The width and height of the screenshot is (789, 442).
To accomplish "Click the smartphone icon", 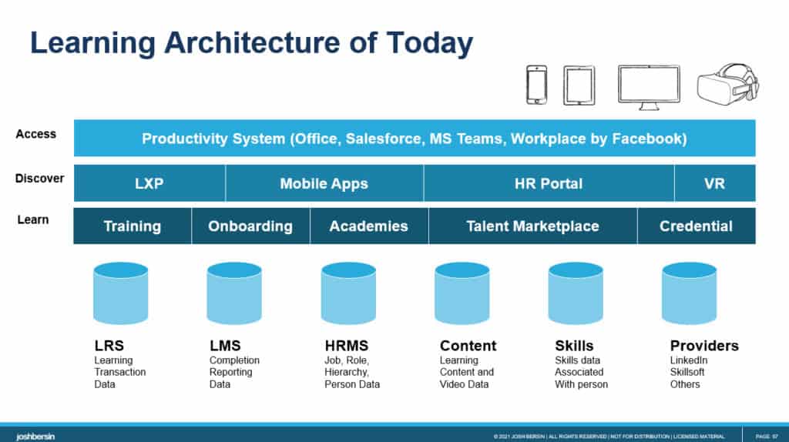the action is (x=536, y=85).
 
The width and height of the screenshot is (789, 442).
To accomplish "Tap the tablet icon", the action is (x=579, y=85).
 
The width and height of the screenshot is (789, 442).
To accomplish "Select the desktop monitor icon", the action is (x=649, y=88).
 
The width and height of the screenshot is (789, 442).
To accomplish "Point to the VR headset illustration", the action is (x=727, y=85).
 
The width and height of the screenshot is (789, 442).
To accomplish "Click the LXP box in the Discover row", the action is (x=149, y=183).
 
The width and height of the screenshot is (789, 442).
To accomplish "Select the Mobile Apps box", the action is (x=324, y=183).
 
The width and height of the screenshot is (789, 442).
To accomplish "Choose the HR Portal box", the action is (x=549, y=183).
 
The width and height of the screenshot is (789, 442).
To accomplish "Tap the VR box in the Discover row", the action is (x=714, y=183).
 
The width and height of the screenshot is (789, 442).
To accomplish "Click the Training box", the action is (x=133, y=226).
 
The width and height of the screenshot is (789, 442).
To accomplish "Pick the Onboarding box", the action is (x=250, y=226).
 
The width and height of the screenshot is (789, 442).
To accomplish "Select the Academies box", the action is (x=369, y=226).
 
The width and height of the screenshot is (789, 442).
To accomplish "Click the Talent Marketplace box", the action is (x=533, y=226).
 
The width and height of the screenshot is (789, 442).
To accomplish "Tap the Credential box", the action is (x=697, y=226).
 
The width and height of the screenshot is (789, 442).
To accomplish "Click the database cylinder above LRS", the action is (x=121, y=293).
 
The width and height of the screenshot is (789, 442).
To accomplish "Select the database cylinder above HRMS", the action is (x=348, y=293).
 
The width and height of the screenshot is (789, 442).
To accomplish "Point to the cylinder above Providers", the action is (x=690, y=293).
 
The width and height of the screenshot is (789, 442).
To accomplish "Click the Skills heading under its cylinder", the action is (x=574, y=346).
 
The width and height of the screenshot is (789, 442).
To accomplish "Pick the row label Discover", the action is (x=40, y=179).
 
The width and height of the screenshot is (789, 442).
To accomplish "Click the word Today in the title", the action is (x=430, y=44).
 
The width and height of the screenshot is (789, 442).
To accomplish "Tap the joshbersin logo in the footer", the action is (x=35, y=437).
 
